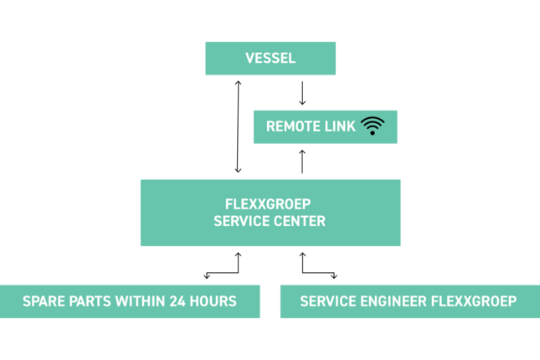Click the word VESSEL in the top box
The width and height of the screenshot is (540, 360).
coord(270,59)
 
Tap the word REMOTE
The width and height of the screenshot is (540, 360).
coord(288,126)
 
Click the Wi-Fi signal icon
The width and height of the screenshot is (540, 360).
coord(373,126)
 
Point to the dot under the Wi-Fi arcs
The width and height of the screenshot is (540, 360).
coord(373,132)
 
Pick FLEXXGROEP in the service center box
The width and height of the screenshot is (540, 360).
coord(268,204)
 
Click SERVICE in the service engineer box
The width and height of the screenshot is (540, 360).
coord(326,301)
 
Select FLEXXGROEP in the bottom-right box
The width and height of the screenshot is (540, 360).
coord(473,301)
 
